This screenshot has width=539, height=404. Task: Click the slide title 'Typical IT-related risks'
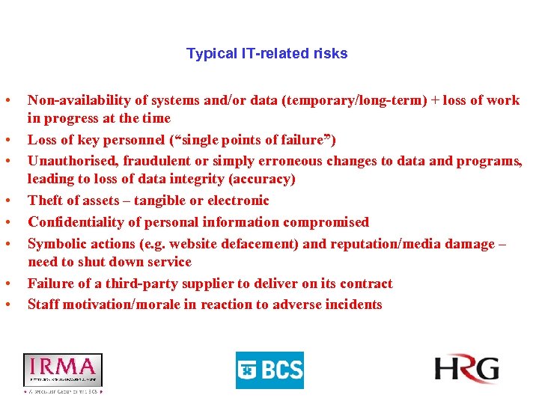point(267,54)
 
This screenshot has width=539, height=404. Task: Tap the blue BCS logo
point(269,370)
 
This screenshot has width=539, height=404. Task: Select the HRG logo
point(466,370)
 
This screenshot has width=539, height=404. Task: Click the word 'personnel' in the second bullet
point(124,140)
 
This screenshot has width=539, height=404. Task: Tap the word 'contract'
point(365,284)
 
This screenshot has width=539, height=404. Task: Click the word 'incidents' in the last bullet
point(354,304)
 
